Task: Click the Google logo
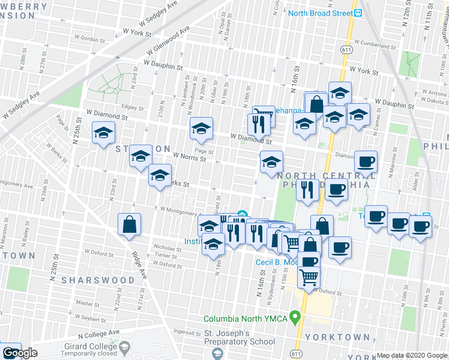pyautogui.click(x=20, y=353)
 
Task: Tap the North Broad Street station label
pyautogui.click(x=320, y=13)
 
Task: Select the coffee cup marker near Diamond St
pyautogui.click(x=366, y=161)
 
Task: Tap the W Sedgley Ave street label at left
pyautogui.click(x=22, y=104)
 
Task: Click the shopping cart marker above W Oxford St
pyautogui.click(x=309, y=278)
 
